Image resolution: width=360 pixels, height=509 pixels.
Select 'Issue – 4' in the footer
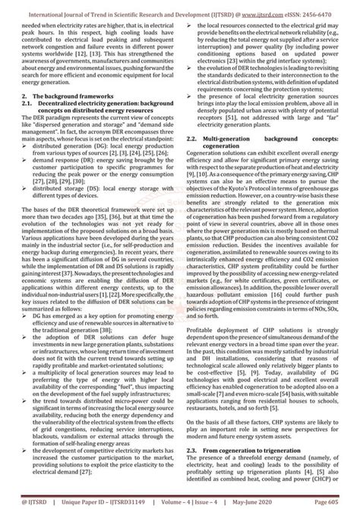tap(223, 502)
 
